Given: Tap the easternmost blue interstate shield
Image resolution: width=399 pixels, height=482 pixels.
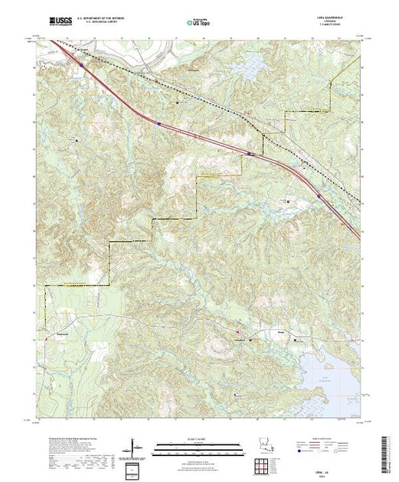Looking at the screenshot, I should tap(330, 203).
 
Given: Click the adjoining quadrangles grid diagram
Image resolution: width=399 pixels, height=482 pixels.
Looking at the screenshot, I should tap(263, 464).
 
